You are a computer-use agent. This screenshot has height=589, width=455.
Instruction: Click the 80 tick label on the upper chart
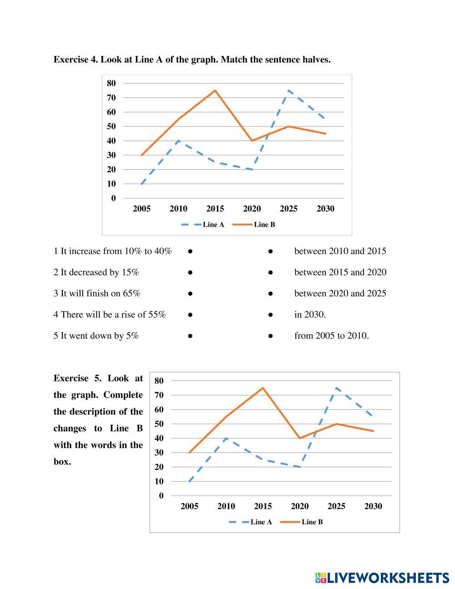111,83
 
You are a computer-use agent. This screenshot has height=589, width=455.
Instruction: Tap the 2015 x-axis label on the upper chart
215,209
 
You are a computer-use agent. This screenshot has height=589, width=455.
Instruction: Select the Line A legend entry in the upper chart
203,225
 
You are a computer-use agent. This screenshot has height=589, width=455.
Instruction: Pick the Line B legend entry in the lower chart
302,522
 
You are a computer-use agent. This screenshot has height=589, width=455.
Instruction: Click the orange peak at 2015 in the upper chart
215,91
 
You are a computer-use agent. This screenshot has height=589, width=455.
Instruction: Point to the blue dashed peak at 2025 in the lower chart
336,388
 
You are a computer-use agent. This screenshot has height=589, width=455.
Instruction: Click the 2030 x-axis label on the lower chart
373,506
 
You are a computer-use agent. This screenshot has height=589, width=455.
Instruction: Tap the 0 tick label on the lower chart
161,496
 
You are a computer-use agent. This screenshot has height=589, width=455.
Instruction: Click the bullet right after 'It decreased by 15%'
190,273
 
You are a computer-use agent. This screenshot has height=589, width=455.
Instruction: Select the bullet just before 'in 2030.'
270,315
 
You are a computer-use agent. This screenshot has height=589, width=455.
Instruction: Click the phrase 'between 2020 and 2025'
340,294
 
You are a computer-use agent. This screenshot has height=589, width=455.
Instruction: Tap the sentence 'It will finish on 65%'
97,294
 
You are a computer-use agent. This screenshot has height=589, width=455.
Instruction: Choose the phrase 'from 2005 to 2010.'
331,336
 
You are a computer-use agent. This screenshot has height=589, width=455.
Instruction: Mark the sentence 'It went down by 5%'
96,336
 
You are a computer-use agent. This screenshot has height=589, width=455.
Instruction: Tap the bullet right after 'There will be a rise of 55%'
190,315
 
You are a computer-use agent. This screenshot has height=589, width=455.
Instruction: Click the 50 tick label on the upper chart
111,127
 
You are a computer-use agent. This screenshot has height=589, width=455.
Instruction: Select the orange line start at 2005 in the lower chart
189,452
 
